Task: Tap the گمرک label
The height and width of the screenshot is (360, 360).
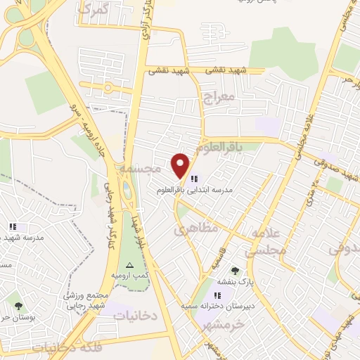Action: pyautogui.click(x=94, y=11)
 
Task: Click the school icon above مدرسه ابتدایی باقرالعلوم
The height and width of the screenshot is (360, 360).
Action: pyautogui.click(x=194, y=179)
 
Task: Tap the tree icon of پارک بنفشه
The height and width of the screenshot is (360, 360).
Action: pyautogui.click(x=235, y=271)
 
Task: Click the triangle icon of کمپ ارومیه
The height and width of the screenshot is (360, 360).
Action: pyautogui.click(x=129, y=266)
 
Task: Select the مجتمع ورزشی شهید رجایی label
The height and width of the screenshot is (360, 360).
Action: pyautogui.click(x=91, y=300)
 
